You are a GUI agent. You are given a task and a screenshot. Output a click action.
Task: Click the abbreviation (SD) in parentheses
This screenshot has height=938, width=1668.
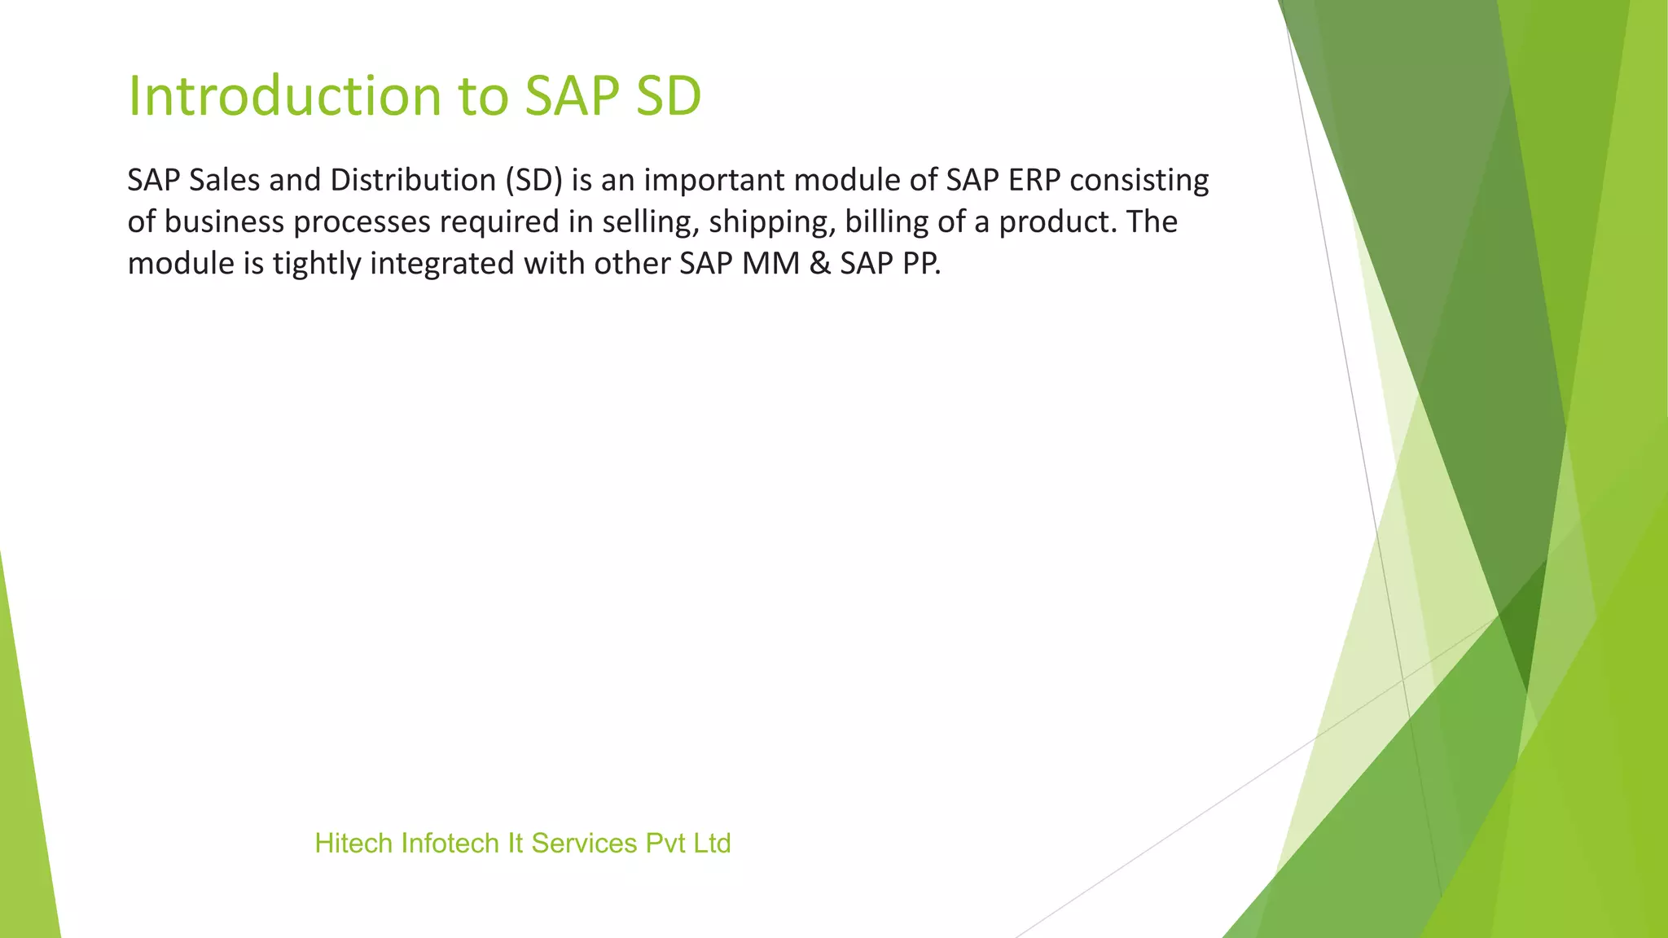click(533, 180)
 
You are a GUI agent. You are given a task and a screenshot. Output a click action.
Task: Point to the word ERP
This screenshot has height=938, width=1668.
click(1034, 180)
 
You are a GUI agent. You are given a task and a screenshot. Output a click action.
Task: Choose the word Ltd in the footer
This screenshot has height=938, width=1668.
click(712, 844)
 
